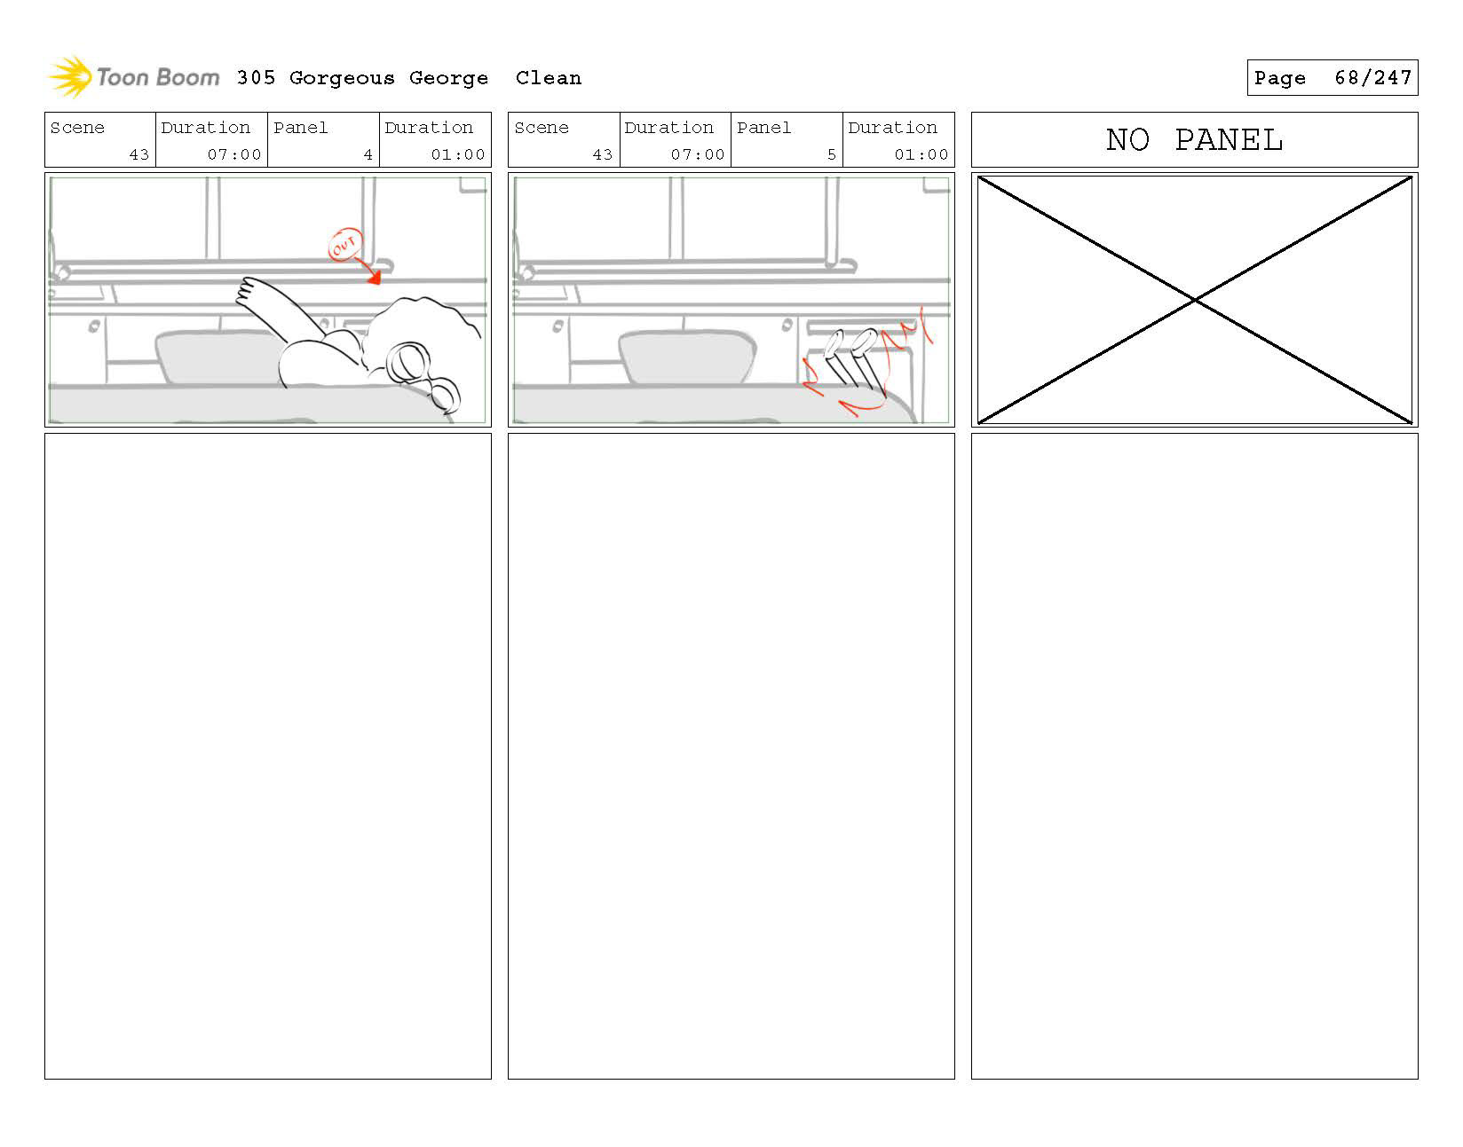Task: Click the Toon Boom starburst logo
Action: pos(70,76)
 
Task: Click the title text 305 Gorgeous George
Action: pos(362,78)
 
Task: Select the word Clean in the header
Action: pos(548,78)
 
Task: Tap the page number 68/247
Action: pos(1372,78)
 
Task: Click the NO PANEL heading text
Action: pos(1194,140)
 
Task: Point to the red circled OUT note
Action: pos(344,245)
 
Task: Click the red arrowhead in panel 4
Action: pos(375,279)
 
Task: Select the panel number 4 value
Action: pos(368,154)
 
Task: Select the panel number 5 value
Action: pos(831,154)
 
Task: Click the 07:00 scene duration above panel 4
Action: pos(234,154)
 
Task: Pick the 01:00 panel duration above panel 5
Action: pos(921,154)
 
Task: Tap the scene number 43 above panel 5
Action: pos(602,154)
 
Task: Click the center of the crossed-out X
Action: pos(1195,301)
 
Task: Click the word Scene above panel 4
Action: pos(77,128)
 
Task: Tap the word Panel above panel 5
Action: pos(763,128)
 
